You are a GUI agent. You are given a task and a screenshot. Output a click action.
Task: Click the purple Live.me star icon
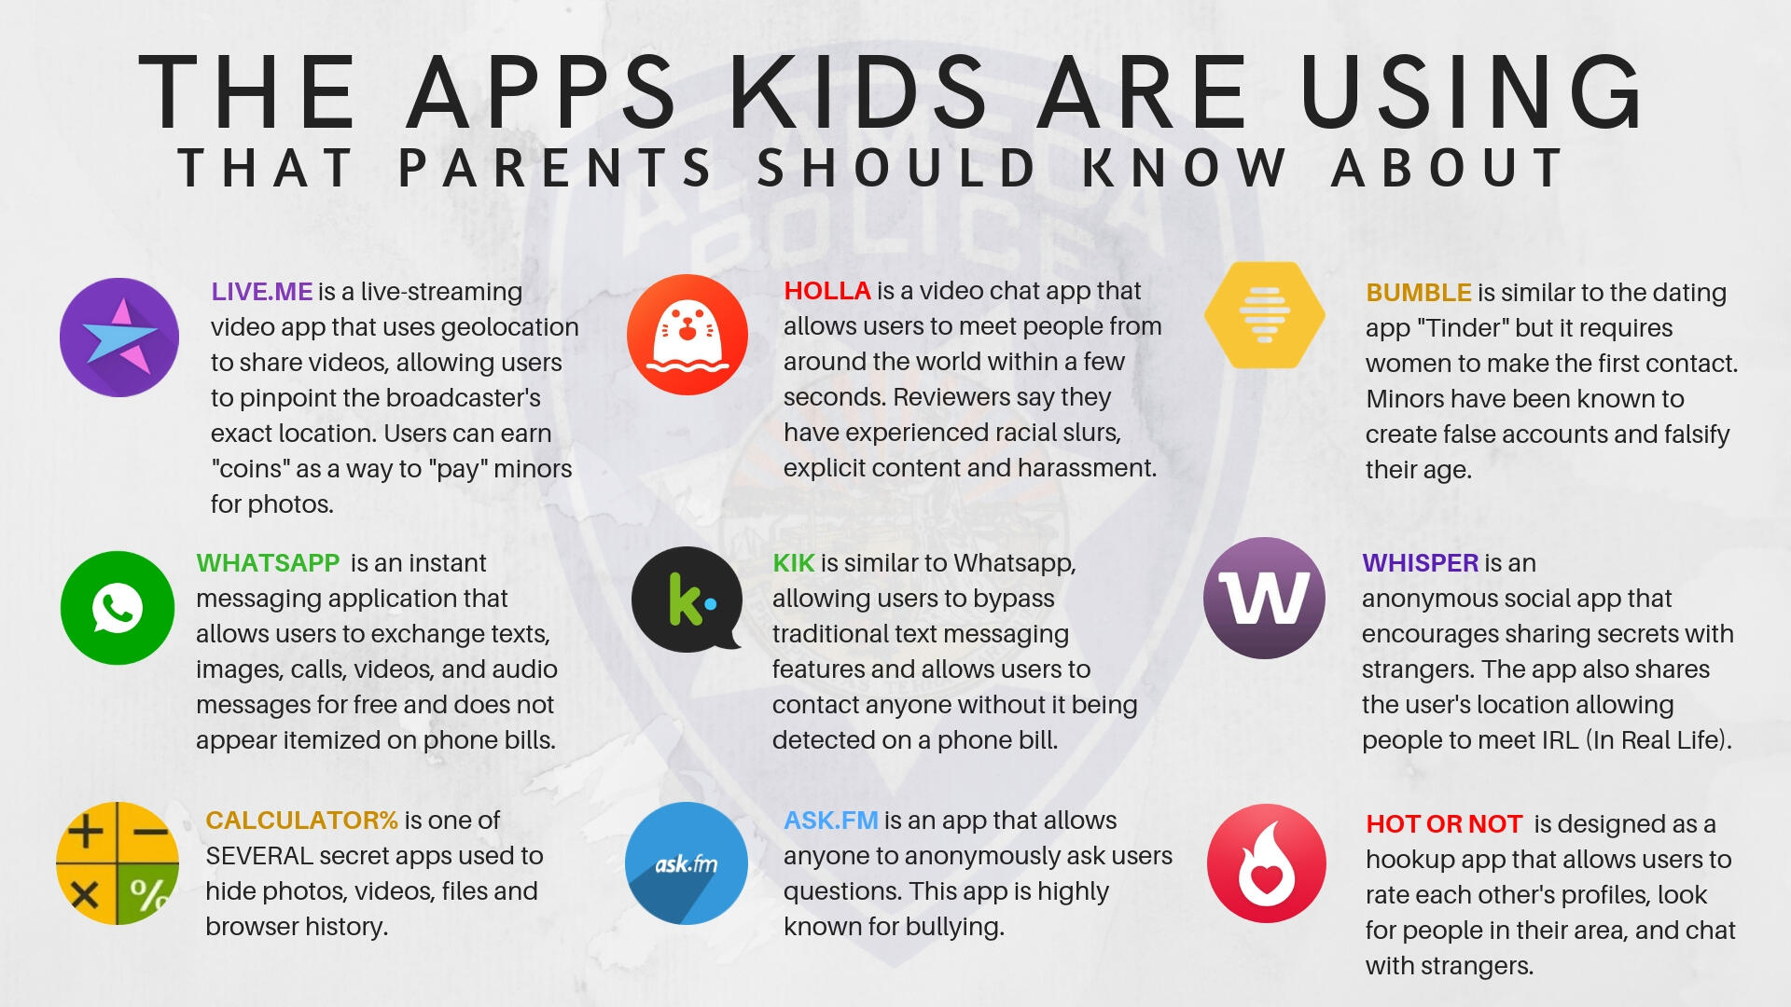pyautogui.click(x=119, y=338)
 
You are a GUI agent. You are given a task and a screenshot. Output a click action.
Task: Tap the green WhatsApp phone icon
pyautogui.click(x=118, y=608)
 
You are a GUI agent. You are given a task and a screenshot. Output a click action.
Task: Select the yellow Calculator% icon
pyautogui.click(x=118, y=863)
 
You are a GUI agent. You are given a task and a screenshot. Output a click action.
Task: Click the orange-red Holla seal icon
pyautogui.click(x=687, y=335)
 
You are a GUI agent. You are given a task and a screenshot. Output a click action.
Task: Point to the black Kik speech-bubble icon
pyautogui.click(x=687, y=600)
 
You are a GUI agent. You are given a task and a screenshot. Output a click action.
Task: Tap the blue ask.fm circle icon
pyautogui.click(x=687, y=863)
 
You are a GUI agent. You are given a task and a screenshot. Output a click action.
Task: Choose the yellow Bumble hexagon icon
pyautogui.click(x=1265, y=315)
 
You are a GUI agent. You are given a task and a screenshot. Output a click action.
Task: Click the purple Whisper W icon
pyautogui.click(x=1264, y=599)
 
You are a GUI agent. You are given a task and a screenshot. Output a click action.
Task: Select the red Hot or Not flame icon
pyautogui.click(x=1267, y=863)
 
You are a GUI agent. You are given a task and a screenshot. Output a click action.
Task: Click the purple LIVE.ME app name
pyautogui.click(x=262, y=292)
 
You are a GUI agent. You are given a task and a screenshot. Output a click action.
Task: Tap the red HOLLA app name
pyautogui.click(x=827, y=291)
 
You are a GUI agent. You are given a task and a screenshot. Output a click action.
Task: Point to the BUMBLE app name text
pyautogui.click(x=1419, y=293)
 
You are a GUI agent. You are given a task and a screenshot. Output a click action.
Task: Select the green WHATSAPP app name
pyautogui.click(x=268, y=563)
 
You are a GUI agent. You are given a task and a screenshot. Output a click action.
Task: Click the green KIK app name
pyautogui.click(x=794, y=563)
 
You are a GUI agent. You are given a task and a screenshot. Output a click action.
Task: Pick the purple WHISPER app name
pyautogui.click(x=1421, y=563)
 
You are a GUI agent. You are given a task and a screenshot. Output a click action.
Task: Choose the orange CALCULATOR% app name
pyautogui.click(x=302, y=821)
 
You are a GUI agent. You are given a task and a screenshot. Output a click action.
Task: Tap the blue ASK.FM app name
pyautogui.click(x=831, y=821)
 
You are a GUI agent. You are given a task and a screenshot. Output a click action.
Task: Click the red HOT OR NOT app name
pyautogui.click(x=1444, y=824)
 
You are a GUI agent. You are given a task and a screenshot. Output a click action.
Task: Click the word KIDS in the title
pyautogui.click(x=858, y=91)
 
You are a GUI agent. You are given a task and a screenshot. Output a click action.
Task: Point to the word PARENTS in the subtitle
pyautogui.click(x=556, y=168)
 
